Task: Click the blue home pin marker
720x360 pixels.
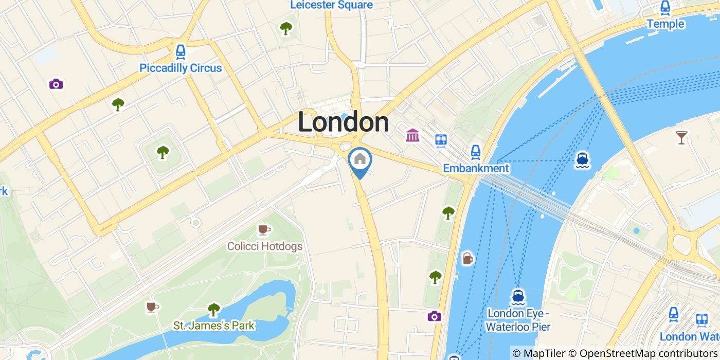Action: pos(360,159)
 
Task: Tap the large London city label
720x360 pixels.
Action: pos(343,123)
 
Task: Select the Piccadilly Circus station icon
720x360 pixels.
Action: pos(181,51)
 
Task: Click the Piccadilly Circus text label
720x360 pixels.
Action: pos(181,68)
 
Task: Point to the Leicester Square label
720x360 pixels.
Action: pos(331,5)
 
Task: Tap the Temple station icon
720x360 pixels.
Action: pos(665,8)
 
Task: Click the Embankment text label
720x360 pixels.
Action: pos(476,168)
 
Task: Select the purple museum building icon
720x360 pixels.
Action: pos(412,135)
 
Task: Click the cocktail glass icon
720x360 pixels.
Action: pos(681,137)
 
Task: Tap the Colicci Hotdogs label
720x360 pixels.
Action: pos(265,246)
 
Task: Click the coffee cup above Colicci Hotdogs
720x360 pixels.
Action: pos(264,229)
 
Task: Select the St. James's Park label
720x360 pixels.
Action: pos(213,326)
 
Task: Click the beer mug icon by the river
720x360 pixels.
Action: pos(467,258)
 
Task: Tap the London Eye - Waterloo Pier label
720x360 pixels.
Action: pos(518,320)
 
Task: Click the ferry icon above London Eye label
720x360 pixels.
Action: pos(518,297)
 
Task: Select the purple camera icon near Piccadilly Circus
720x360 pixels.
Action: pos(56,84)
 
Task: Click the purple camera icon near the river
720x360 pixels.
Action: pos(435,316)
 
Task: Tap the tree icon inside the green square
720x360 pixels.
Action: pos(163,152)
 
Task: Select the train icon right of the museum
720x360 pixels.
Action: pos(441,140)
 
